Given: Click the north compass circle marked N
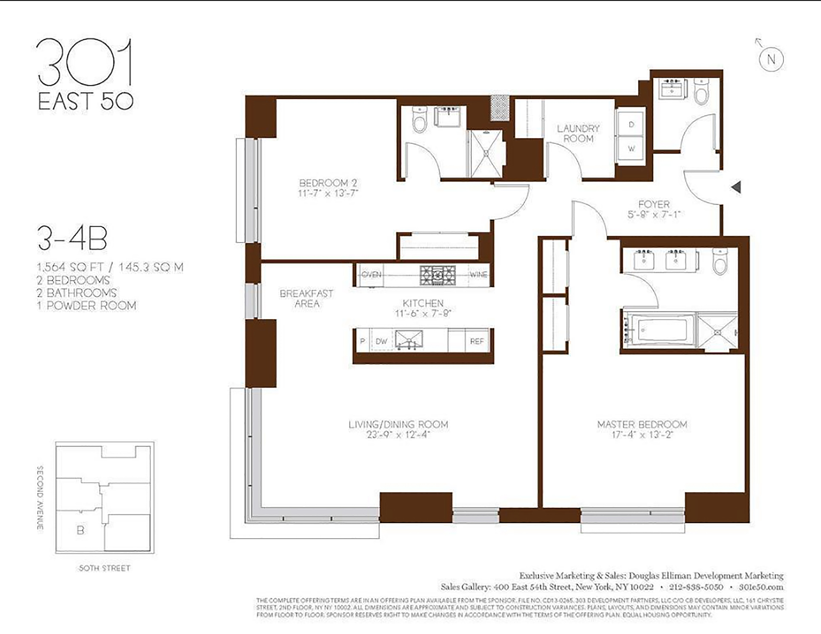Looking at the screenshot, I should tap(771, 60).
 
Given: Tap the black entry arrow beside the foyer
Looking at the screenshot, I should tap(736, 187).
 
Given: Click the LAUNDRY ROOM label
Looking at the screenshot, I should tap(578, 134).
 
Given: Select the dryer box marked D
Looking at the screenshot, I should tap(631, 124).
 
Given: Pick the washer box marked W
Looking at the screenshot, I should tap(631, 149).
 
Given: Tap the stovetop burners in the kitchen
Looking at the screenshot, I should tap(438, 275).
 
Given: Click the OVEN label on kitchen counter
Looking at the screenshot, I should tap(371, 275).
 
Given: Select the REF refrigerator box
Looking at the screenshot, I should tap(477, 341).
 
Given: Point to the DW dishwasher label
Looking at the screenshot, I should tap(381, 341).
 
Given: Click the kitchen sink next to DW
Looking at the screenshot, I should tap(409, 340).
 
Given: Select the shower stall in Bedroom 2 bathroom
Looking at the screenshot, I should tap(486, 154).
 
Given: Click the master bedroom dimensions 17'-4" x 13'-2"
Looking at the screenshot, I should tap(642, 435).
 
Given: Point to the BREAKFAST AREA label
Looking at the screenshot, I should tap(306, 298).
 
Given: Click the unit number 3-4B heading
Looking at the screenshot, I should tap(72, 239).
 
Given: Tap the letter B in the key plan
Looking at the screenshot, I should tap(80, 530).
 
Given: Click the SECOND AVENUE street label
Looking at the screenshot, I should tap(40, 498).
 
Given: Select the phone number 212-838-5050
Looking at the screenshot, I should tap(696, 587).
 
